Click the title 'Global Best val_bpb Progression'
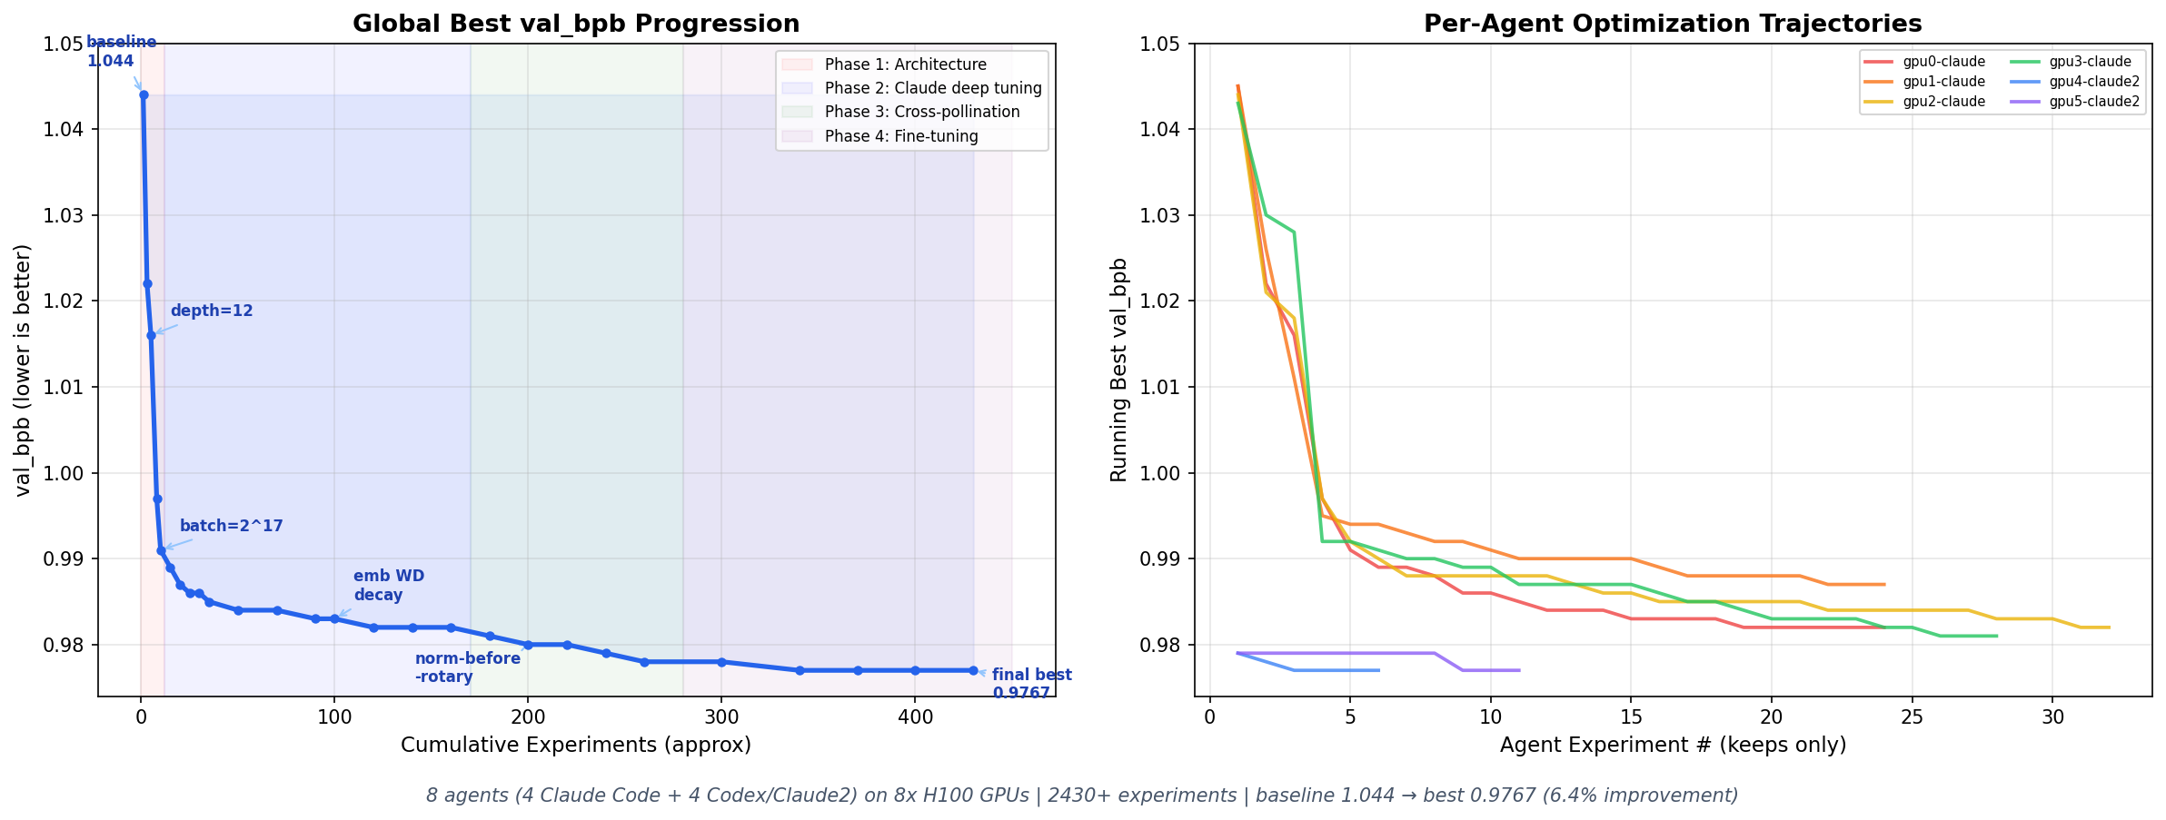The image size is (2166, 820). click(576, 24)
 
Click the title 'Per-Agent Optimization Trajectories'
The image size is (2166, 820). click(1673, 24)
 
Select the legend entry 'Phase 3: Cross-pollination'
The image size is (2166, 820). click(921, 112)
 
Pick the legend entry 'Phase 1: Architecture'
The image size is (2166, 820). click(905, 64)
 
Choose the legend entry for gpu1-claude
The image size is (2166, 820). click(1943, 82)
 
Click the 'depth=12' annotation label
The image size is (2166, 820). click(212, 311)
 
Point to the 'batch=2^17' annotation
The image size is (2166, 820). click(231, 526)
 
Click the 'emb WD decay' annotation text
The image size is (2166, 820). click(388, 586)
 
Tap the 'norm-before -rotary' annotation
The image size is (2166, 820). click(467, 667)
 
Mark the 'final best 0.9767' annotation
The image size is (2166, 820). click(1030, 684)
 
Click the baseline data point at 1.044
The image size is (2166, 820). click(144, 94)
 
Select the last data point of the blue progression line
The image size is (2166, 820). click(972, 670)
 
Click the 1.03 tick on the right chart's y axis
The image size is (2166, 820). click(1163, 215)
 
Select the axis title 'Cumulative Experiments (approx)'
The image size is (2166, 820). click(575, 746)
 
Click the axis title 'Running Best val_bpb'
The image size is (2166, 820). click(1118, 370)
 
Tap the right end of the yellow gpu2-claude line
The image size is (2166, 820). click(2108, 627)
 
